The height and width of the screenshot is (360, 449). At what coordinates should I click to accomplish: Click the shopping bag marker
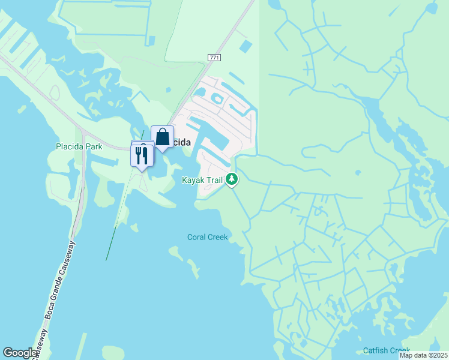[x=162, y=137]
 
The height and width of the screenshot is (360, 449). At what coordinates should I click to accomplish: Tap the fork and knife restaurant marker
[x=142, y=155]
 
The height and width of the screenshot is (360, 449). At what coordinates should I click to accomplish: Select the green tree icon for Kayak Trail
[x=232, y=179]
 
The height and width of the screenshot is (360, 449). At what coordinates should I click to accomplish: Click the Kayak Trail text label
[x=202, y=179]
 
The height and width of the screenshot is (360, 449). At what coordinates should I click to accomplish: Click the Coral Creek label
[x=208, y=237]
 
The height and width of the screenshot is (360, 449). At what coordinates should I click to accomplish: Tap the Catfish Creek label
[x=387, y=350]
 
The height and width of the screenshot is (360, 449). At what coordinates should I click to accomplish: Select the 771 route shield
[x=214, y=57]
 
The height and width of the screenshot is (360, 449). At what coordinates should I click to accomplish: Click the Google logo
[x=20, y=353]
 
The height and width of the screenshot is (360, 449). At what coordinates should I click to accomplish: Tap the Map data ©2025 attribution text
[x=423, y=355]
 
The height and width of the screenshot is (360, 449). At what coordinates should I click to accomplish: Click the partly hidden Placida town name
[x=181, y=142]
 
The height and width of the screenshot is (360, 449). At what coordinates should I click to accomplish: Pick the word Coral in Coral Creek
[x=197, y=237]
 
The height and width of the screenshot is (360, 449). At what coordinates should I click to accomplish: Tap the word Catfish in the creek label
[x=376, y=350]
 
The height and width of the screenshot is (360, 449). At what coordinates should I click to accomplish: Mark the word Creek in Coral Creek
[x=218, y=237]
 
